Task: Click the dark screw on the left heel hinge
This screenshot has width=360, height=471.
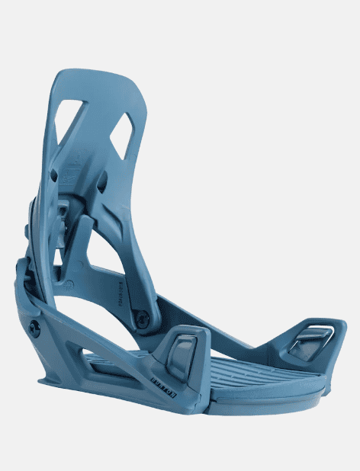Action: pyautogui.click(x=34, y=327)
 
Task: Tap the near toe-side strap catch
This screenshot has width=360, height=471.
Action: pyautogui.click(x=183, y=352)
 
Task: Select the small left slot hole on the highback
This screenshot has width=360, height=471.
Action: pyautogui.click(x=54, y=176)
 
